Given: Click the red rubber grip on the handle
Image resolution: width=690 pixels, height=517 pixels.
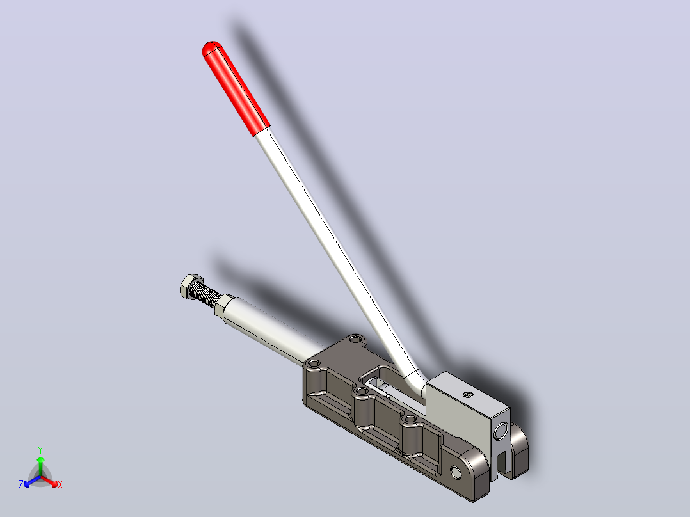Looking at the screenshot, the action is tap(236, 88).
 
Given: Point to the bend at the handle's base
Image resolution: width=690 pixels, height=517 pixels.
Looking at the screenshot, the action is tap(416, 380).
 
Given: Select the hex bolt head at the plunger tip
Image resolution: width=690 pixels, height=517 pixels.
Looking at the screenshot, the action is tap(191, 287).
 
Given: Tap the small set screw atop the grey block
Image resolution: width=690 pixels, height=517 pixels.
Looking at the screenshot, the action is tap(469, 395).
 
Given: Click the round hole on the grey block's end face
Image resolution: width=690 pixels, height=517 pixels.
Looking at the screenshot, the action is tap(501, 431).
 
